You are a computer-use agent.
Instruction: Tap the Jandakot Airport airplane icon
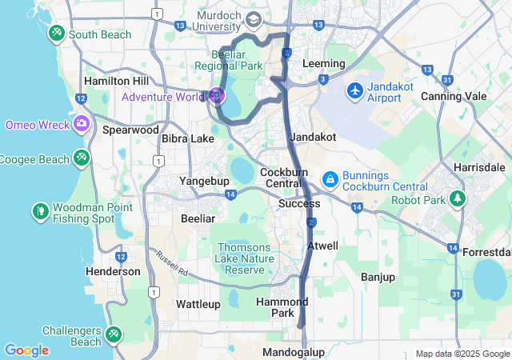click(x=356, y=90)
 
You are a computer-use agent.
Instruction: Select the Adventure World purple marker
click(x=217, y=97)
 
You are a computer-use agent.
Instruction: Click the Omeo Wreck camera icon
click(x=81, y=124)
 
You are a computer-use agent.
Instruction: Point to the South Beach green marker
click(x=56, y=34)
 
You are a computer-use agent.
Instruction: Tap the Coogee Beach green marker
click(x=81, y=158)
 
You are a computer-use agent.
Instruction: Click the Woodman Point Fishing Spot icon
click(x=40, y=211)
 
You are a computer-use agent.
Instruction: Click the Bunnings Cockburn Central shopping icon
click(x=329, y=179)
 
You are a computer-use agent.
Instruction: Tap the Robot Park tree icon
click(x=458, y=197)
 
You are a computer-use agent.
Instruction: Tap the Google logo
click(x=26, y=350)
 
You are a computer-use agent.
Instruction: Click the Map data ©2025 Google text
click(x=462, y=354)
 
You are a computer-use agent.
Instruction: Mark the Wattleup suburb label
click(x=198, y=304)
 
